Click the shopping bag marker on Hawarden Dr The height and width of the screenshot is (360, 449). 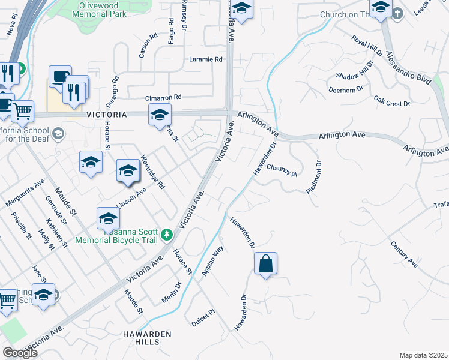pos(265,264)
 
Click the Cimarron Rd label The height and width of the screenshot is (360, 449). pos(163,97)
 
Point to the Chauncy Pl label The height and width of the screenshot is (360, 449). pos(282,170)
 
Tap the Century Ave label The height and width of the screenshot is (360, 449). pos(404,254)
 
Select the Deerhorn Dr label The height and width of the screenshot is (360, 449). pos(346,89)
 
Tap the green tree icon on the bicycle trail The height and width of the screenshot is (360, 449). pos(169,234)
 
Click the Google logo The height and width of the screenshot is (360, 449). pos(20,352)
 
